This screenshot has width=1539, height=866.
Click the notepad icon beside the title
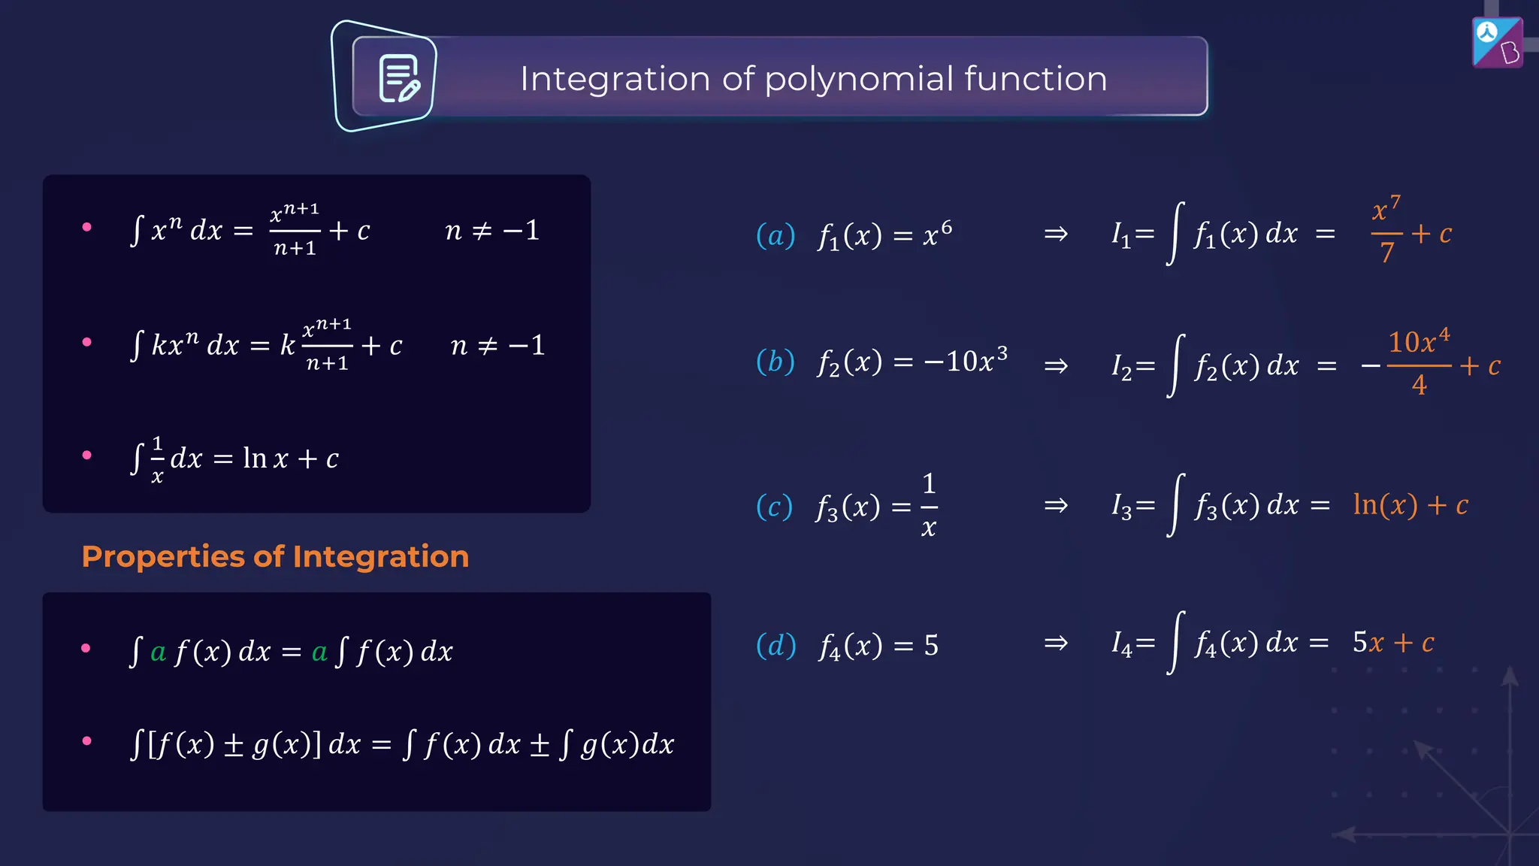[399, 78]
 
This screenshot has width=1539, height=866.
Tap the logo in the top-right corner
[1497, 43]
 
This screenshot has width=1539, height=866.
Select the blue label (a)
[776, 235]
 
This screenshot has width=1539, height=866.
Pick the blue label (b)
[776, 362]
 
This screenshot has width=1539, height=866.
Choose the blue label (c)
[774, 507]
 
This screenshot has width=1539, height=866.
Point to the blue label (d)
[776, 645]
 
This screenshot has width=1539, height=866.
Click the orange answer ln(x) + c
[1410, 505]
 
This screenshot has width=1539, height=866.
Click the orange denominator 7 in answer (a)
[1387, 253]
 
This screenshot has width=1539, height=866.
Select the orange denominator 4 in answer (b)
[1419, 385]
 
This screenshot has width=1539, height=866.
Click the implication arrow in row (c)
[1056, 505]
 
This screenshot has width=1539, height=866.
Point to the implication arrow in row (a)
[1056, 234]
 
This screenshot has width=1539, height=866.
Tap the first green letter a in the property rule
[158, 652]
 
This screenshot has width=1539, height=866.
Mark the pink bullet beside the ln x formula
[87, 455]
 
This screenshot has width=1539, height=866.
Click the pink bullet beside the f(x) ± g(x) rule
[87, 741]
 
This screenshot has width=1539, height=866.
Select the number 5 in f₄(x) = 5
[931, 646]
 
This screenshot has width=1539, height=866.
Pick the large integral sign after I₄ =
[1176, 643]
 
